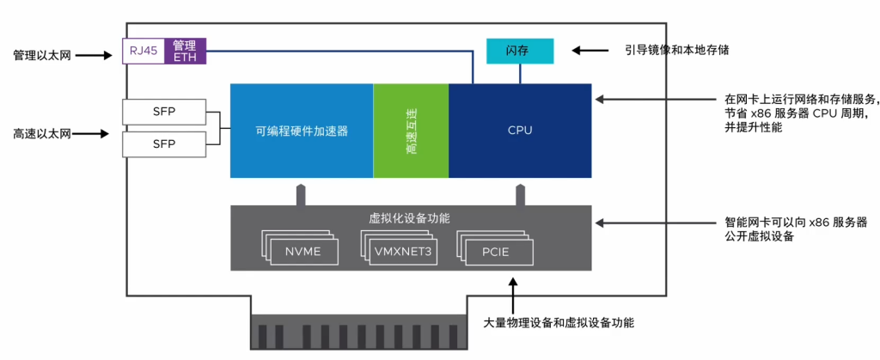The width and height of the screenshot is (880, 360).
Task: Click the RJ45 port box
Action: [x=144, y=52]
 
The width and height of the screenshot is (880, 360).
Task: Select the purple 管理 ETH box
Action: [x=184, y=52]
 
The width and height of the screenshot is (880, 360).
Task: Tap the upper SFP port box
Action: [x=164, y=112]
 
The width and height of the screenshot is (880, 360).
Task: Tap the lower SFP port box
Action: [x=164, y=143]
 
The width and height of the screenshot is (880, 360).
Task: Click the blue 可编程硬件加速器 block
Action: [x=302, y=131]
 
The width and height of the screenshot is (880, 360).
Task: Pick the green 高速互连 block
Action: [x=411, y=131]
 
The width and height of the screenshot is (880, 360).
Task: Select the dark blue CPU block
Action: [x=520, y=131]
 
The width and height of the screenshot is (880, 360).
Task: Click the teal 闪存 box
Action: [x=520, y=52]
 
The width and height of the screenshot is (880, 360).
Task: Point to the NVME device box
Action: [x=296, y=251]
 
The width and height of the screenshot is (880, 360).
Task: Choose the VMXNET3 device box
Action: [x=401, y=251]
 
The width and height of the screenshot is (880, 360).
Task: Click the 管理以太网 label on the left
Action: [x=42, y=55]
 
